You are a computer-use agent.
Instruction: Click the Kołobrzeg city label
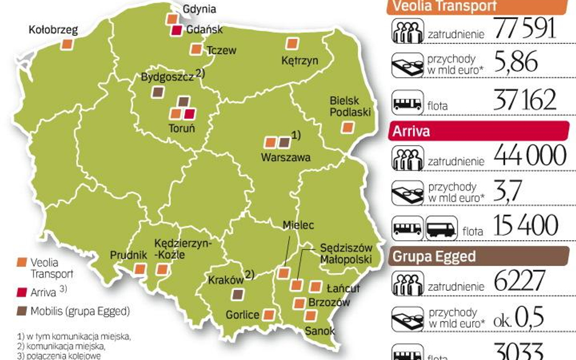pos(53,29)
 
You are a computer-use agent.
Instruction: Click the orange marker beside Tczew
pos(196,49)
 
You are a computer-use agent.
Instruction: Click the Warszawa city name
pos(285,157)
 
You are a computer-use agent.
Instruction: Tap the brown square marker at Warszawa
pos(284,143)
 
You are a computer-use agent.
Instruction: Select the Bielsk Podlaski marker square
pos(347,127)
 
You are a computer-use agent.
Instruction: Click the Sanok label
pos(319,331)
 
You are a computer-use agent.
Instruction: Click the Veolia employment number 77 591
pos(525,29)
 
